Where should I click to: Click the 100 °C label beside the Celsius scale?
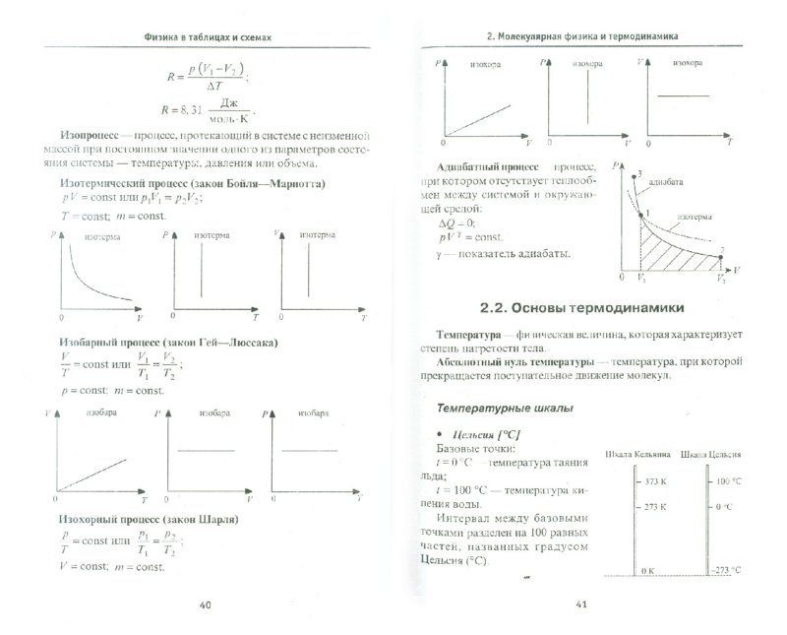729,482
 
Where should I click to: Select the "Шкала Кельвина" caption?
638,455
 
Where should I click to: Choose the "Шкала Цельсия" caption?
716,455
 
